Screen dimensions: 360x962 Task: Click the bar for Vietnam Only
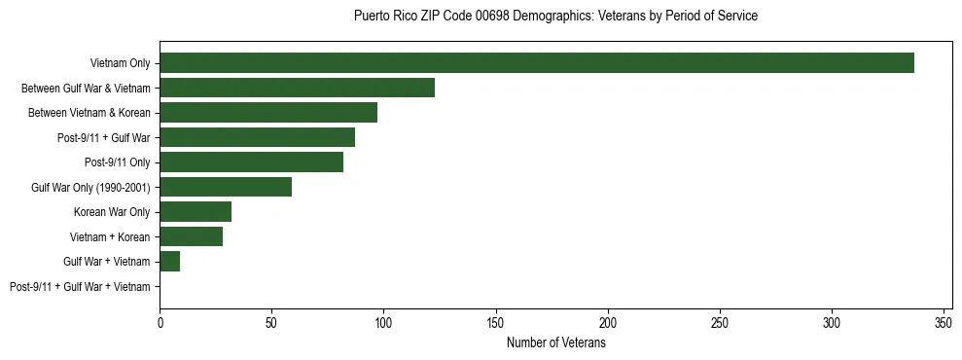(536, 63)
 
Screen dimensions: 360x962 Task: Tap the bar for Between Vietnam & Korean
(268, 112)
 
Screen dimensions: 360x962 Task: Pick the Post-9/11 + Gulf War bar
(257, 137)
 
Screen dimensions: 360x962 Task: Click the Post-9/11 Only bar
(251, 162)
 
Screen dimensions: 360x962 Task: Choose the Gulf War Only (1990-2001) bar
(226, 187)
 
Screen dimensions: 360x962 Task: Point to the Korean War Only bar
(196, 211)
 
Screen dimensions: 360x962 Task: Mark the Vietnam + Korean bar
(191, 236)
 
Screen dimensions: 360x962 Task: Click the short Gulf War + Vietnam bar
(170, 261)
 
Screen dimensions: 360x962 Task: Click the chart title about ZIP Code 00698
(555, 17)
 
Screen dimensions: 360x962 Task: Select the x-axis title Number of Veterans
(555, 342)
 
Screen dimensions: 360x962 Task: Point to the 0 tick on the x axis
(160, 322)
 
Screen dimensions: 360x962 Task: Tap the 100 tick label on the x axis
(384, 322)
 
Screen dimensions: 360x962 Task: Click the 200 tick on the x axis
(608, 322)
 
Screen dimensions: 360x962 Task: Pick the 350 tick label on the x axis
(944, 322)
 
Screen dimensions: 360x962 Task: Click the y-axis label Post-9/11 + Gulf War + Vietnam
(80, 286)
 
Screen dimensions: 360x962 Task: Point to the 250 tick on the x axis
(720, 322)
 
